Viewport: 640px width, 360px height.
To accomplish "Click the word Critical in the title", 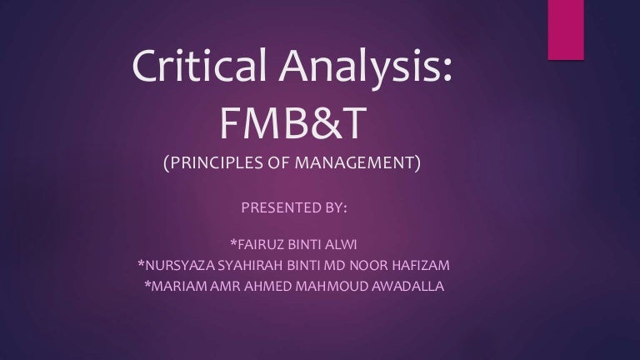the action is pyautogui.click(x=199, y=64).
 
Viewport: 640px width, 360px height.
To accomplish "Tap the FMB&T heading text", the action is pyautogui.click(x=293, y=122).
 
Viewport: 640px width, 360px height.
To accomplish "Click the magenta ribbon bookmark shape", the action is pyautogui.click(x=566, y=30).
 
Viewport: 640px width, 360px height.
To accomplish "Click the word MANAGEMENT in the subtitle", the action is pyautogui.click(x=355, y=162).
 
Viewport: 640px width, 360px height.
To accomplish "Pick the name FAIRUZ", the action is pyautogui.click(x=261, y=244).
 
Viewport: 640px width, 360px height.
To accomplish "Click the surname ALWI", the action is pyautogui.click(x=341, y=244).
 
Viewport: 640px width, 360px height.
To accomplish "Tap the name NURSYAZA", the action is pyautogui.click(x=180, y=265).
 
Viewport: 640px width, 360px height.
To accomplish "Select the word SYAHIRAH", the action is pyautogui.click(x=250, y=265).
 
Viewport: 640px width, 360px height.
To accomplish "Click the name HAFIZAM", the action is pyautogui.click(x=420, y=265).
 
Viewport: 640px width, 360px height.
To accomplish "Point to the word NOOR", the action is pyautogui.click(x=368, y=265).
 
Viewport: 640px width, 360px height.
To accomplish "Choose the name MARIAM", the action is pyautogui.click(x=179, y=286).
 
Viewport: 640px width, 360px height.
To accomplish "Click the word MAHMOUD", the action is pyautogui.click(x=332, y=286).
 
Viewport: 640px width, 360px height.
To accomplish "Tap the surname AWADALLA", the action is pyautogui.click(x=407, y=286).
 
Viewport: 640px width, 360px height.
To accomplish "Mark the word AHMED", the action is pyautogui.click(x=267, y=286).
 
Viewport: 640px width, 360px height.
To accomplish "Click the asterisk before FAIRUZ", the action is pyautogui.click(x=234, y=242).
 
